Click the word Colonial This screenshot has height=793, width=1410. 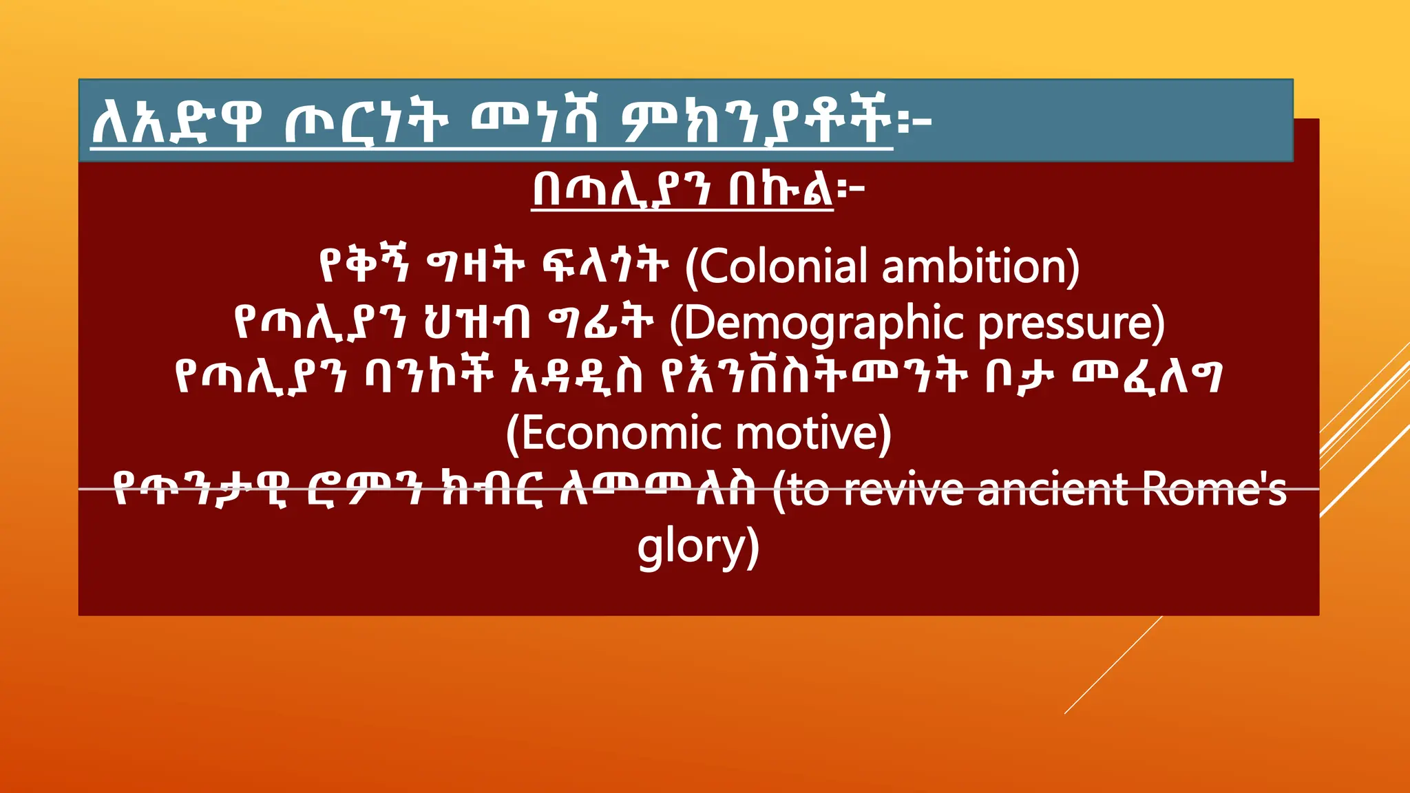(783, 266)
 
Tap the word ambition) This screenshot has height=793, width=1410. (980, 266)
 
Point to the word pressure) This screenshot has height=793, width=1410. (1071, 324)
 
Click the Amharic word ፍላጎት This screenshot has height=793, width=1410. (605, 266)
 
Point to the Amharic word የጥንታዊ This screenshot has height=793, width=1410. (200, 490)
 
